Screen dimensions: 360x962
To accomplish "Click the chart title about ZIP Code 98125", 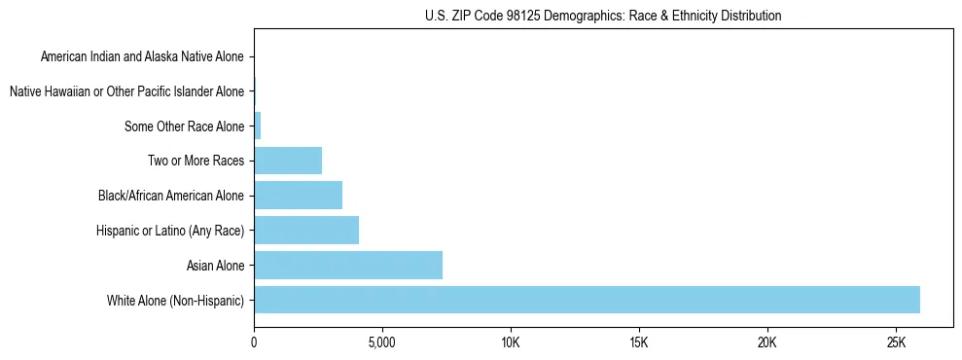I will pyautogui.click(x=603, y=16).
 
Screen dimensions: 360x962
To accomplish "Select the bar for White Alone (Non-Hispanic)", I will pyautogui.click(x=587, y=300).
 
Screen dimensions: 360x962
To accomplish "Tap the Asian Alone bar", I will pyautogui.click(x=348, y=265).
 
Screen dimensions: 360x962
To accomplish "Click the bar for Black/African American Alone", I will pyautogui.click(x=298, y=196).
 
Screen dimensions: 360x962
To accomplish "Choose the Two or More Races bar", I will pyautogui.click(x=288, y=161).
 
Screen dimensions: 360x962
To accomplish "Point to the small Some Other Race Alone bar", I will pyautogui.click(x=258, y=126).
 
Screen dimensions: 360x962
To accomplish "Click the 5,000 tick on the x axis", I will pyautogui.click(x=382, y=344).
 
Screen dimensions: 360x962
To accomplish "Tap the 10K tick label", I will pyautogui.click(x=511, y=344).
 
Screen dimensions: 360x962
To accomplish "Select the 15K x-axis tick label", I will pyautogui.click(x=639, y=344).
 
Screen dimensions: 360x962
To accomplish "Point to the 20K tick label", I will pyautogui.click(x=767, y=344).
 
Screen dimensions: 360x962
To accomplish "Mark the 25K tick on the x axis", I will pyautogui.click(x=896, y=344).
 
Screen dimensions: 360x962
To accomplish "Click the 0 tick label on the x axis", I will pyautogui.click(x=254, y=344).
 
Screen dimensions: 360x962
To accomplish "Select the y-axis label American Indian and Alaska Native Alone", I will pyautogui.click(x=142, y=56).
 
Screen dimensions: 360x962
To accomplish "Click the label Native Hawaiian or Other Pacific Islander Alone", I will pyautogui.click(x=126, y=91).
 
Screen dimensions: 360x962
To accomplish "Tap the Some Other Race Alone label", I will pyautogui.click(x=185, y=126).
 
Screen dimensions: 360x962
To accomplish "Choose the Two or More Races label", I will pyautogui.click(x=197, y=161).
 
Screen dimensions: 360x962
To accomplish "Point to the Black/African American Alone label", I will pyautogui.click(x=171, y=196).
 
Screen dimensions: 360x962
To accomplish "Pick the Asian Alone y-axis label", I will pyautogui.click(x=215, y=265).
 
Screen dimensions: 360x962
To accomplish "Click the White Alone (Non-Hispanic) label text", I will pyautogui.click(x=176, y=300).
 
